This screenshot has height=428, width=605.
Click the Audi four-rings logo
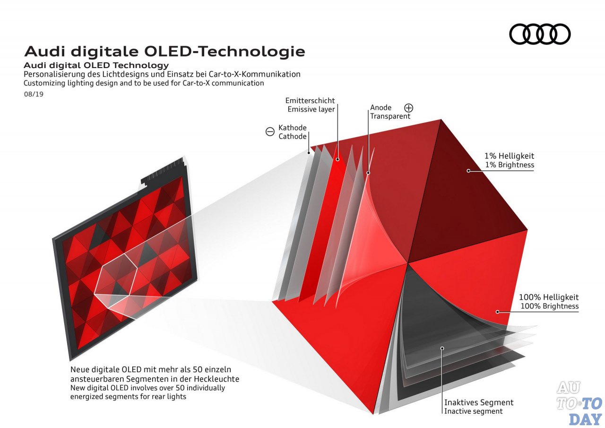[x=540, y=34]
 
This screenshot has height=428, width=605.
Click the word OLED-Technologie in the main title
[x=225, y=52]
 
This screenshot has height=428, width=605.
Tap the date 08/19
[x=34, y=94]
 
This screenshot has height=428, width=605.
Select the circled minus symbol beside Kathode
[x=270, y=131]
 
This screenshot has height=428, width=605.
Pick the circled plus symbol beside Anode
[x=409, y=108]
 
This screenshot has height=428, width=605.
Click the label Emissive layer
[x=311, y=109]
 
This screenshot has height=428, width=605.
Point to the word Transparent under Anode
[x=390, y=116]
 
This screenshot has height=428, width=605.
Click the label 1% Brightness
[x=510, y=165]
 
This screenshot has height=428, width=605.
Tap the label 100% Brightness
[x=549, y=306]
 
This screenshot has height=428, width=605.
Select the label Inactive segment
[x=474, y=411]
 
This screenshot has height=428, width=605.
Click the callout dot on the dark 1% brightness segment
[x=468, y=171]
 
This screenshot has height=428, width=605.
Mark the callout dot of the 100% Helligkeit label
[x=497, y=312]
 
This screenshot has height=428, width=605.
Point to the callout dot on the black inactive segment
[x=442, y=348]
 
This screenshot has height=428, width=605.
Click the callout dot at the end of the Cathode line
[x=309, y=153]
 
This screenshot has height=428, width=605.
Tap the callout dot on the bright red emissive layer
[x=337, y=159]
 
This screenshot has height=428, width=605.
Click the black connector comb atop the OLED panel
[x=164, y=171]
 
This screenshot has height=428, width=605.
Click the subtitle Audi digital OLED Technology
[x=96, y=65]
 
